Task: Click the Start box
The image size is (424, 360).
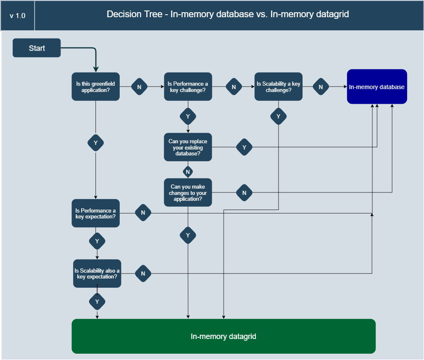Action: point(37,48)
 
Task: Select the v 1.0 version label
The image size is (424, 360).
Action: point(18,16)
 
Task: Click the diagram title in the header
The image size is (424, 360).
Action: point(228,14)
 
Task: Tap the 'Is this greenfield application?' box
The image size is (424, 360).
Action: point(95,87)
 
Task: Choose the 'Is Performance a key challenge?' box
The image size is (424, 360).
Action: point(188,87)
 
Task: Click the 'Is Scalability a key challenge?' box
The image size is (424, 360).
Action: point(278,87)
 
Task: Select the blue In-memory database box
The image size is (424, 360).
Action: point(377,87)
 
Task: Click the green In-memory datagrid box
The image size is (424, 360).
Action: point(223,336)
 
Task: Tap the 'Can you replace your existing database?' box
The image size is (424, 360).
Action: point(188,147)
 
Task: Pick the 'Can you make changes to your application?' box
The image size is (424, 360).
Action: point(188,193)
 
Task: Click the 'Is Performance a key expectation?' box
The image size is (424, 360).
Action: point(95,213)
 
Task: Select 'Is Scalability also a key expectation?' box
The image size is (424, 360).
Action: point(97,273)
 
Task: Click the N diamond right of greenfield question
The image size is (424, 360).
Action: point(140,87)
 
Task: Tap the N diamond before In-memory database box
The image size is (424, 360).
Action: point(321,87)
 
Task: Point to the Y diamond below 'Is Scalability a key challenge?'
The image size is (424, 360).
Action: point(278,116)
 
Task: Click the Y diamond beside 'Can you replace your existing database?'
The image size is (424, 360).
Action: point(244,147)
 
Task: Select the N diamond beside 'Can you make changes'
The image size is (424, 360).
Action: point(244,193)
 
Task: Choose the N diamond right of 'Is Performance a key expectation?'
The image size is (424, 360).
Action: point(143,213)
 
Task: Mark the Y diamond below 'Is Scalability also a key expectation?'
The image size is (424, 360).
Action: point(97,302)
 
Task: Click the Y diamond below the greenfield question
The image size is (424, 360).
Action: point(95,143)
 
